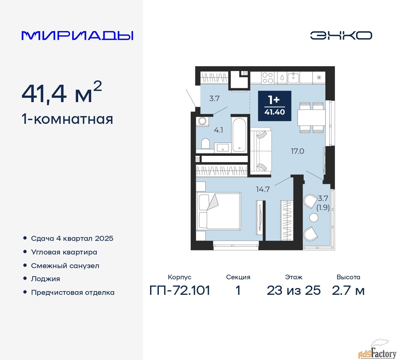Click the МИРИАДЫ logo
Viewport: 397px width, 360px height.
(x=77, y=36)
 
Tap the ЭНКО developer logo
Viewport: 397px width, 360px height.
(x=341, y=35)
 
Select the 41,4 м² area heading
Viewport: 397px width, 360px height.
(x=62, y=93)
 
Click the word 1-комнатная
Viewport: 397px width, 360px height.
(x=67, y=119)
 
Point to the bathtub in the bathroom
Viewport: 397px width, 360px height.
(x=239, y=135)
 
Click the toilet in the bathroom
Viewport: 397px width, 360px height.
(x=205, y=144)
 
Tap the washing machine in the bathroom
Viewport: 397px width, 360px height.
(x=202, y=121)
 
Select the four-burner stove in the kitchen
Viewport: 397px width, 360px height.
(x=268, y=78)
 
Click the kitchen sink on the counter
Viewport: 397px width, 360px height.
(x=293, y=78)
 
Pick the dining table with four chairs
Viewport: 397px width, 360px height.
(x=311, y=118)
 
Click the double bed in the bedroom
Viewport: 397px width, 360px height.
(x=218, y=211)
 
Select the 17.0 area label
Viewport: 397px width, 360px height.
(x=297, y=151)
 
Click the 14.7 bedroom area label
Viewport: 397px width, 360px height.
(x=263, y=189)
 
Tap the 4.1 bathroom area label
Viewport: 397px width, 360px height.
(x=218, y=130)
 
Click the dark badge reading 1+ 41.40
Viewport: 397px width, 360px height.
(x=274, y=106)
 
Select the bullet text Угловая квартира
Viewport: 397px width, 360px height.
(x=64, y=252)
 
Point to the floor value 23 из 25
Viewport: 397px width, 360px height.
(x=293, y=290)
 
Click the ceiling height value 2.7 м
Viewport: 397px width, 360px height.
(x=348, y=290)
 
